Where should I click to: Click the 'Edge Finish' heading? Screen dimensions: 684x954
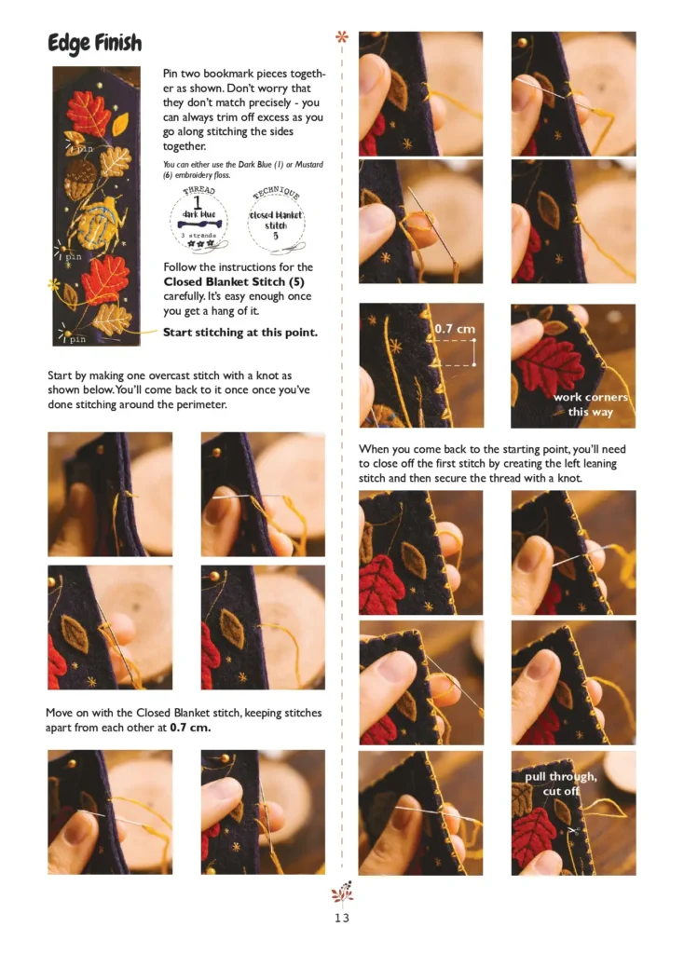[95, 43]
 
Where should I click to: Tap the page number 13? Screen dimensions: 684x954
[342, 918]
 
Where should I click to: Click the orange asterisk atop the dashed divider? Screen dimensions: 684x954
[342, 37]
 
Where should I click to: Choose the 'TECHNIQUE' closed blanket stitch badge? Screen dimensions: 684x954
[276, 220]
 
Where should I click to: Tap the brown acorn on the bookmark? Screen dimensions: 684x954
[80, 178]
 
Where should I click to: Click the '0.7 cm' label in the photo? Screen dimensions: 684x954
[455, 329]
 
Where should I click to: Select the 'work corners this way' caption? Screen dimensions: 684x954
[590, 404]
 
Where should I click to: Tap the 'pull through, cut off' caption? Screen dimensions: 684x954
[561, 784]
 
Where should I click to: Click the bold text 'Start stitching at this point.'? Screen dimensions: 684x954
[240, 333]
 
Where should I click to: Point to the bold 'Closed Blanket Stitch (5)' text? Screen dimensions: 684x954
[234, 281]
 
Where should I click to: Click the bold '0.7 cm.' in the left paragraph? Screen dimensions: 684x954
[190, 728]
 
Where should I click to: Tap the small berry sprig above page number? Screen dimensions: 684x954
[342, 891]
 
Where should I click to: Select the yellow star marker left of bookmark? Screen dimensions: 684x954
[53, 284]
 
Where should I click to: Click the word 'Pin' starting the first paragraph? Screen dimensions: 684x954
[171, 74]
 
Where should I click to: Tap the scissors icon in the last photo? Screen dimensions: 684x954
[572, 830]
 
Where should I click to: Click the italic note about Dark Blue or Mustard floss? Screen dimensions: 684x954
[243, 170]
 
